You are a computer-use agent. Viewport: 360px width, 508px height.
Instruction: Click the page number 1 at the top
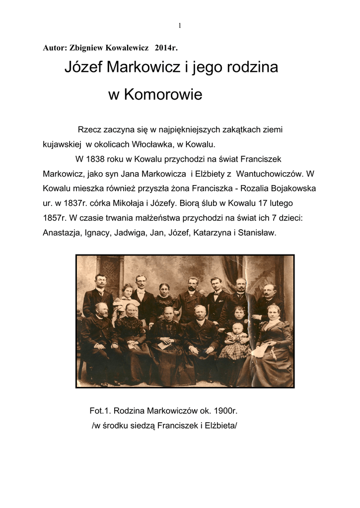[x=179, y=26]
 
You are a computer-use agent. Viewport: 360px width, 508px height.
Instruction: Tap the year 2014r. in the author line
[x=166, y=48]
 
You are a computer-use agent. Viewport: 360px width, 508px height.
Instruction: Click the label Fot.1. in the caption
[x=100, y=411]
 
